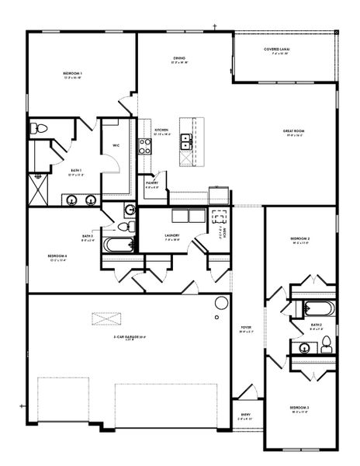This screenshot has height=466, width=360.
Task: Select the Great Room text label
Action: (294, 132)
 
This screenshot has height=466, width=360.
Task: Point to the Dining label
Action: (178, 58)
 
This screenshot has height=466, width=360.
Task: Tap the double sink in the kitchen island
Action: (186, 141)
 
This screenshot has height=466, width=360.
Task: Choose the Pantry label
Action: (151, 184)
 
